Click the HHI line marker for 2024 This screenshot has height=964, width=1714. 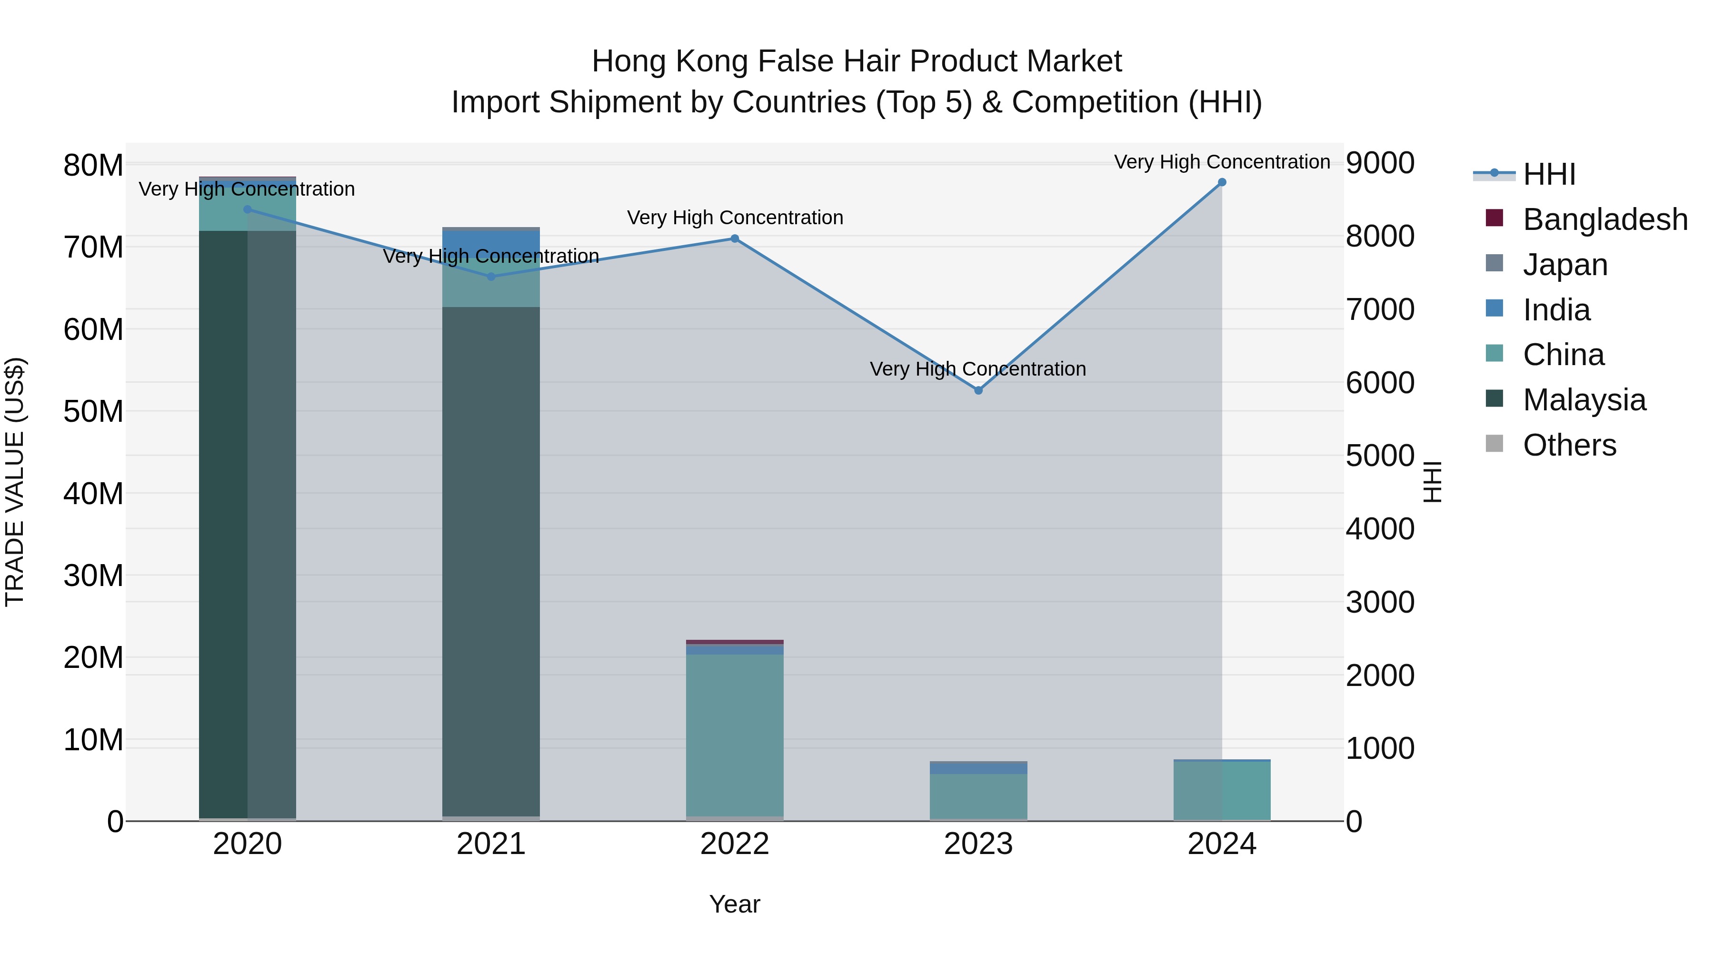(1222, 182)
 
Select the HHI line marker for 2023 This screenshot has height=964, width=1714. (978, 390)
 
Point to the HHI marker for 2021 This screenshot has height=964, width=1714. (491, 277)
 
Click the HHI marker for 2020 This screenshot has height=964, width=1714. (248, 209)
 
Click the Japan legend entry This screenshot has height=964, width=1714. (1565, 265)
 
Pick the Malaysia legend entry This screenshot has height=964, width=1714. (1584, 400)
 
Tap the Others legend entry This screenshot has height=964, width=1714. (1569, 445)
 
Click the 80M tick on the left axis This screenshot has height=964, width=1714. (93, 166)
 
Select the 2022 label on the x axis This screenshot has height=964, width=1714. (735, 844)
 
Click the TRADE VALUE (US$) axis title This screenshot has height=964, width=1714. (15, 482)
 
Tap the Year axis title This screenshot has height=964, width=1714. (735, 904)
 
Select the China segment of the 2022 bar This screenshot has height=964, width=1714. (735, 732)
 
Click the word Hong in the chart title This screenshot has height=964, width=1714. (629, 61)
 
